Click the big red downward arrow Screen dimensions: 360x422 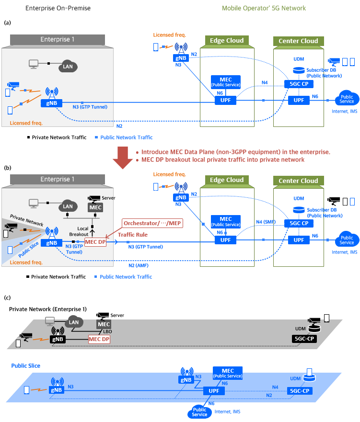click(123, 158)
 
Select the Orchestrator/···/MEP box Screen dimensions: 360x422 click(152, 223)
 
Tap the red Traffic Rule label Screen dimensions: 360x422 click(133, 235)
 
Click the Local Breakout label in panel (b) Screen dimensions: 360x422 click(79, 231)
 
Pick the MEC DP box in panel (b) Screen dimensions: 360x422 click(95, 242)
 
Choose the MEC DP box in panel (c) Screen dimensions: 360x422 click(99, 339)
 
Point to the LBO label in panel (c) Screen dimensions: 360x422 click(107, 331)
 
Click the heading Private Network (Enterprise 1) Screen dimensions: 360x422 click(48, 309)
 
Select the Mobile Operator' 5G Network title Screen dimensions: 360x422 click(264, 8)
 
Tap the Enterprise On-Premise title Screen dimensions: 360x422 click(58, 8)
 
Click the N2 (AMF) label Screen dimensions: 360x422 click(139, 266)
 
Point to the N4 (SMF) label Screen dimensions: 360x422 click(266, 222)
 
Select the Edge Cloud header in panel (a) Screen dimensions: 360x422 click(227, 41)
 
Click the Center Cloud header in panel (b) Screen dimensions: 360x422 click(298, 181)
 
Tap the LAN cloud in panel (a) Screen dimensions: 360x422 click(68, 66)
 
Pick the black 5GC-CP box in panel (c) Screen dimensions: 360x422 click(304, 339)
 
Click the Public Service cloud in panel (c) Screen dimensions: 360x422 click(199, 412)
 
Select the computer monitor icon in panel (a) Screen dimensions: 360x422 click(34, 64)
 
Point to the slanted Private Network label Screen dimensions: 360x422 click(27, 220)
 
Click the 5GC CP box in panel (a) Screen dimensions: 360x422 click(299, 84)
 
